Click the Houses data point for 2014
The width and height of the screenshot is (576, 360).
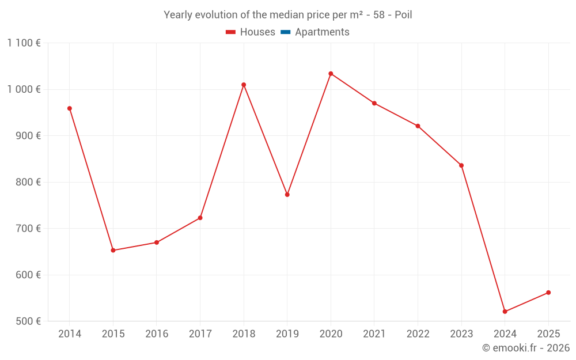tap(70, 108)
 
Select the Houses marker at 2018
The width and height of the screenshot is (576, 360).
tap(244, 85)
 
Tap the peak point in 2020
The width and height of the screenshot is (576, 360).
tap(331, 74)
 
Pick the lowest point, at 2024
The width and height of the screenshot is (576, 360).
tap(505, 312)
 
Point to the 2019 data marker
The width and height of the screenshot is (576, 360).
tap(287, 195)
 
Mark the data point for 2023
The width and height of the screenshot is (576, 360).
tap(461, 165)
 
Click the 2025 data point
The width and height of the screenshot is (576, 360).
tap(548, 293)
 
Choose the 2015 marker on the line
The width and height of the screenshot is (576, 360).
tap(113, 251)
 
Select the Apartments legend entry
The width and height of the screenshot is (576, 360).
tap(322, 32)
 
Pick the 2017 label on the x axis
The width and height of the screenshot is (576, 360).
tap(200, 334)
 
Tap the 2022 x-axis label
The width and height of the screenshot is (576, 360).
tap(418, 334)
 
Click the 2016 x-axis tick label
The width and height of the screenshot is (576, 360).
tap(157, 334)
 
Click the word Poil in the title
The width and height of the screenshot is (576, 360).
tap(403, 15)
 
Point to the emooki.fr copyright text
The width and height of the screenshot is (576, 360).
tap(525, 348)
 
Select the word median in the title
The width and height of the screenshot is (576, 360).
tap(286, 15)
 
